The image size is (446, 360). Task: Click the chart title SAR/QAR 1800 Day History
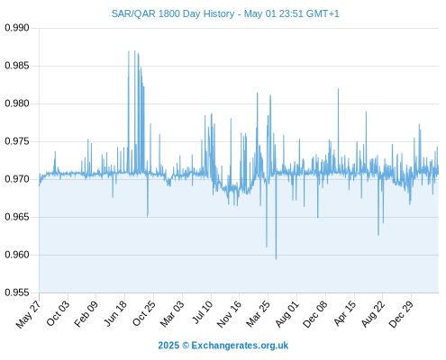click(x=173, y=13)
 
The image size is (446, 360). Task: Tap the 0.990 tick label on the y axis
click(x=17, y=28)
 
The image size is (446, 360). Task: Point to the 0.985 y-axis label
click(x=17, y=66)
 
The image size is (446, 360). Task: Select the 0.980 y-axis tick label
click(x=17, y=103)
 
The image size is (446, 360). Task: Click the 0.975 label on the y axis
click(x=17, y=141)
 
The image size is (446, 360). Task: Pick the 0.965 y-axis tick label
click(x=17, y=217)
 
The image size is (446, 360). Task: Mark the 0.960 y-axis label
click(x=17, y=255)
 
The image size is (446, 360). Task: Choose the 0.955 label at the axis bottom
click(x=17, y=292)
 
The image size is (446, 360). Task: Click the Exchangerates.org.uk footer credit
click(x=223, y=346)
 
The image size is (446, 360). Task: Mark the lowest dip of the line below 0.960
click(x=276, y=259)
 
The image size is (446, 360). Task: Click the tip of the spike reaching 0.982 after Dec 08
click(x=338, y=89)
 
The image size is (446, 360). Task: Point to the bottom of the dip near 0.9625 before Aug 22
click(x=378, y=235)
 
